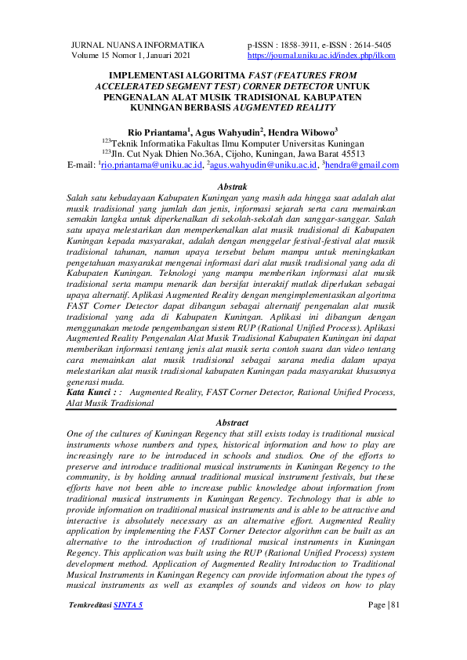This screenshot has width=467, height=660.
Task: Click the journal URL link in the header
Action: pyautogui.click(x=321, y=56)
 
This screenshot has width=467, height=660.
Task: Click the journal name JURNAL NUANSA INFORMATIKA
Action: pyautogui.click(x=137, y=45)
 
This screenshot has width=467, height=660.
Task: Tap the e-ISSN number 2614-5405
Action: pyautogui.click(x=369, y=45)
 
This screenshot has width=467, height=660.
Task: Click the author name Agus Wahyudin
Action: pyautogui.click(x=227, y=132)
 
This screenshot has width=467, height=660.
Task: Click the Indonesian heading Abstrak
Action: pyautogui.click(x=233, y=188)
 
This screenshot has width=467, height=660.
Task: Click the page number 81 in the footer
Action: pyautogui.click(x=394, y=627)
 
